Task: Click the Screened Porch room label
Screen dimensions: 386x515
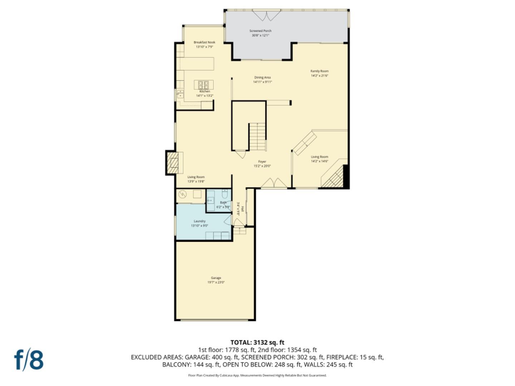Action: coord(260,31)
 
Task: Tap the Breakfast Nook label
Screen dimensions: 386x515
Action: coord(205,42)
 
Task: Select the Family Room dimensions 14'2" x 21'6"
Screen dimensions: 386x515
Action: coord(319,76)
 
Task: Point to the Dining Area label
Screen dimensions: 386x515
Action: coord(263,78)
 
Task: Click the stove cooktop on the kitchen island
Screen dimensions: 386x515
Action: coord(203,85)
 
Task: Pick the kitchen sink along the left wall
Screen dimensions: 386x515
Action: coord(180,94)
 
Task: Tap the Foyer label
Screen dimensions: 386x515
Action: coord(262,162)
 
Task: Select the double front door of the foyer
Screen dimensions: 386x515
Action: coord(274,183)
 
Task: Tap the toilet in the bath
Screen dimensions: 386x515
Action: coord(225,194)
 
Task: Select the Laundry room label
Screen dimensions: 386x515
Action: coord(200,221)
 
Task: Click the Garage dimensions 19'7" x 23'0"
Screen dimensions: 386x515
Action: coord(216,282)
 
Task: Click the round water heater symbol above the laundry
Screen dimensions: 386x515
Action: coord(183,194)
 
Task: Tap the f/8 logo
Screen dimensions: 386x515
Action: coord(29,360)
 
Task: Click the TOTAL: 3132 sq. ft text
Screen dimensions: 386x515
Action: coord(257,342)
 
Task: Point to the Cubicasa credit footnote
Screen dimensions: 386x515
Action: coord(257,375)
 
